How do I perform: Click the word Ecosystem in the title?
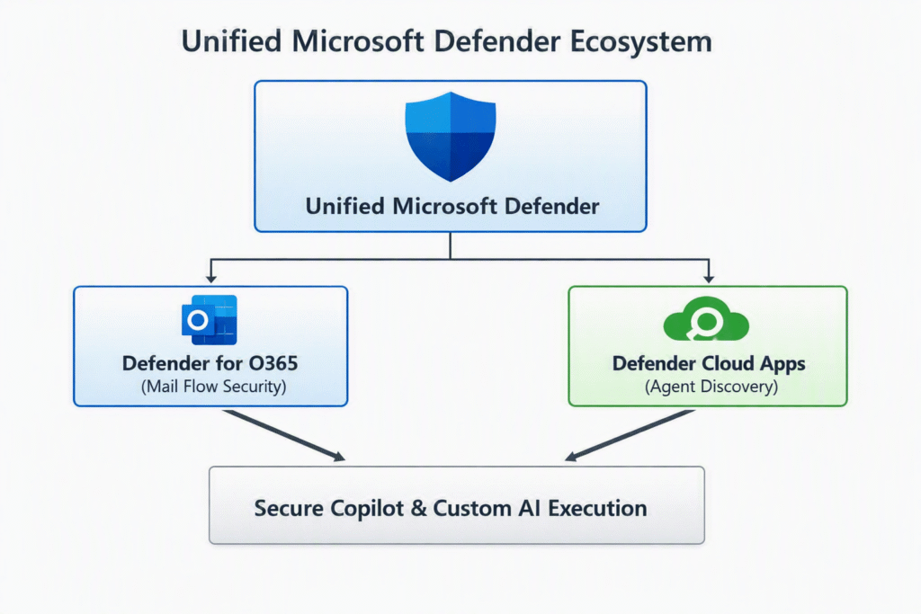tap(640, 42)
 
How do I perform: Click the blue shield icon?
tap(451, 137)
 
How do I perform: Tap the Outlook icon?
tap(209, 320)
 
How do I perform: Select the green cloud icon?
tap(706, 319)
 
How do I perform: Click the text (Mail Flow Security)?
tap(213, 387)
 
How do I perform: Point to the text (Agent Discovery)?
tap(711, 387)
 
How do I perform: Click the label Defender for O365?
tap(210, 363)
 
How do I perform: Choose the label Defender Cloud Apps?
tap(709, 364)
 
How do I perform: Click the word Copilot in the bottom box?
tap(367, 509)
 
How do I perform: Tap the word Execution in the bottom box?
tap(597, 508)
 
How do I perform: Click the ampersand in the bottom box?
tap(418, 508)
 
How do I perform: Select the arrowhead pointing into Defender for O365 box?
tap(210, 278)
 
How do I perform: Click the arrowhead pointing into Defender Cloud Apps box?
tap(709, 278)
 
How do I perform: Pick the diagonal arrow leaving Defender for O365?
tap(284, 435)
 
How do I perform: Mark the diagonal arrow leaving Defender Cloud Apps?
tap(630, 435)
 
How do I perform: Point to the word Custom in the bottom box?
tap(472, 508)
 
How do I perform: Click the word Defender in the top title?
tap(496, 41)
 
